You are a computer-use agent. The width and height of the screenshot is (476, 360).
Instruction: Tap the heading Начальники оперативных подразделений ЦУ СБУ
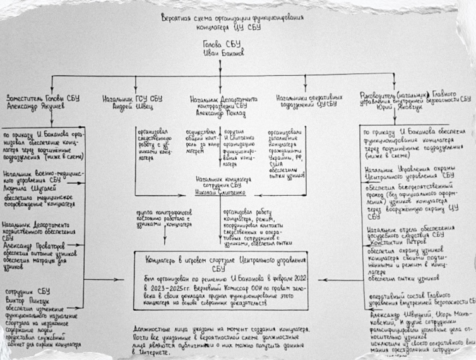pos(304,101)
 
